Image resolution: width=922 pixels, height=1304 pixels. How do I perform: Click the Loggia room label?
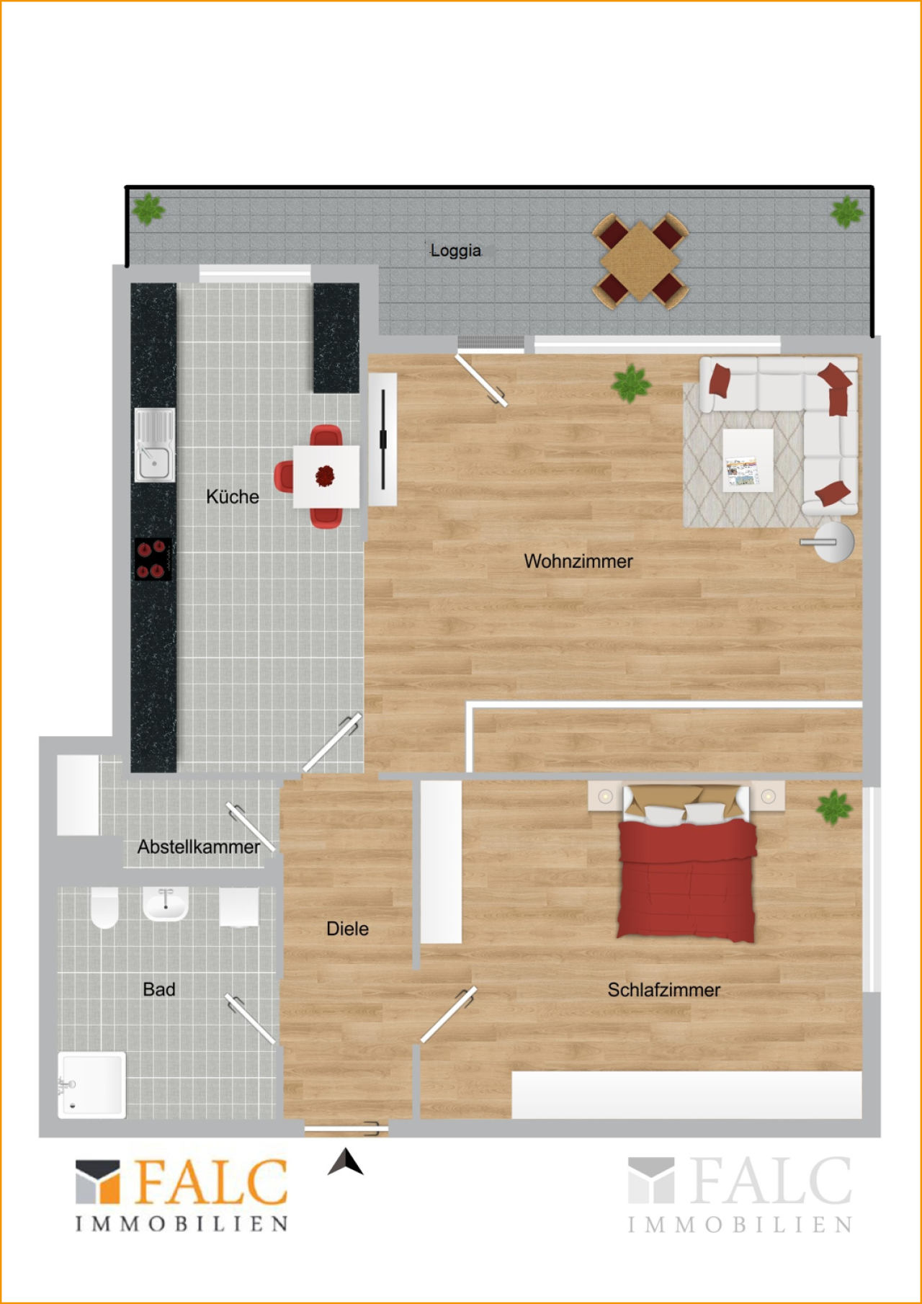coord(455,251)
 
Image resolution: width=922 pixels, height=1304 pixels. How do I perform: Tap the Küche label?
coord(232,496)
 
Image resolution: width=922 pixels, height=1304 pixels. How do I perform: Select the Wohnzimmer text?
coord(578,561)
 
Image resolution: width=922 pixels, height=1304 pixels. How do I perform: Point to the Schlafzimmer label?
coord(663,990)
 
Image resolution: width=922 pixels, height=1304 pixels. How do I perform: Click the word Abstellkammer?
coord(199,847)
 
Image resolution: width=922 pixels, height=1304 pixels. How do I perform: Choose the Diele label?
coord(347,929)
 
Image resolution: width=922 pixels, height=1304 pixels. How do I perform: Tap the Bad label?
coord(158,989)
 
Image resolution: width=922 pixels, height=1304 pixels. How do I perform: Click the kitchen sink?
coord(154,445)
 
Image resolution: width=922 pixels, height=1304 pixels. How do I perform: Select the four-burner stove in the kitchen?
coord(153,559)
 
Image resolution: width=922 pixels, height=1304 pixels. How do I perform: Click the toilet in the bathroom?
coord(104,907)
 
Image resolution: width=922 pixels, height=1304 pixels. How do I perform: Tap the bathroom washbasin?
coord(166,903)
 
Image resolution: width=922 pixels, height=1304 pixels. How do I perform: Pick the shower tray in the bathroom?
coord(91,1085)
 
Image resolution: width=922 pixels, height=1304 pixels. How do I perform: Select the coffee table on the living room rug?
coord(748,460)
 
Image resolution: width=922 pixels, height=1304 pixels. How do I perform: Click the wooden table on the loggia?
coord(640,260)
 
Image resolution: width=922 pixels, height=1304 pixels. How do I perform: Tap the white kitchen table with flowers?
coord(326,477)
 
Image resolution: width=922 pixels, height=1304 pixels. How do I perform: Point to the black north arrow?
coord(346,1161)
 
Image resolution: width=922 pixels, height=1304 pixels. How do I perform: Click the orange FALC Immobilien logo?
coord(182,1195)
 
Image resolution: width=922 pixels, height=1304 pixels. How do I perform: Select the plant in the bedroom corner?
coord(834,807)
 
